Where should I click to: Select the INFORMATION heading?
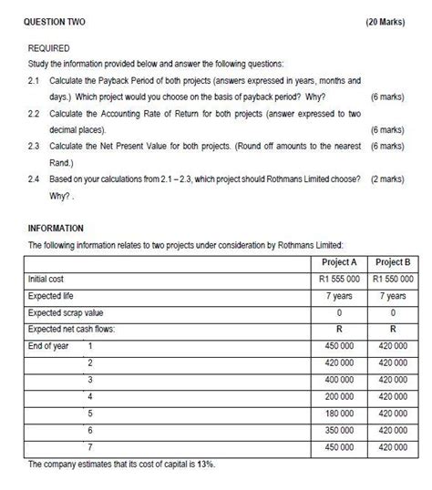tap(56, 228)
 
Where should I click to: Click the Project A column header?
tap(339, 262)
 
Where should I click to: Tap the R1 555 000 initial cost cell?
tap(339, 279)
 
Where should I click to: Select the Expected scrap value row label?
tap(66, 312)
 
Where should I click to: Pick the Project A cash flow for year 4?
tap(339, 396)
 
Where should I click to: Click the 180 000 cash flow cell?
tap(339, 413)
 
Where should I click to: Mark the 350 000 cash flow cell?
tap(339, 430)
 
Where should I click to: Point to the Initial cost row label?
tap(46, 279)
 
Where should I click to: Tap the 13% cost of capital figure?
tap(205, 464)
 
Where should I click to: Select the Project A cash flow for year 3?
tap(339, 380)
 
